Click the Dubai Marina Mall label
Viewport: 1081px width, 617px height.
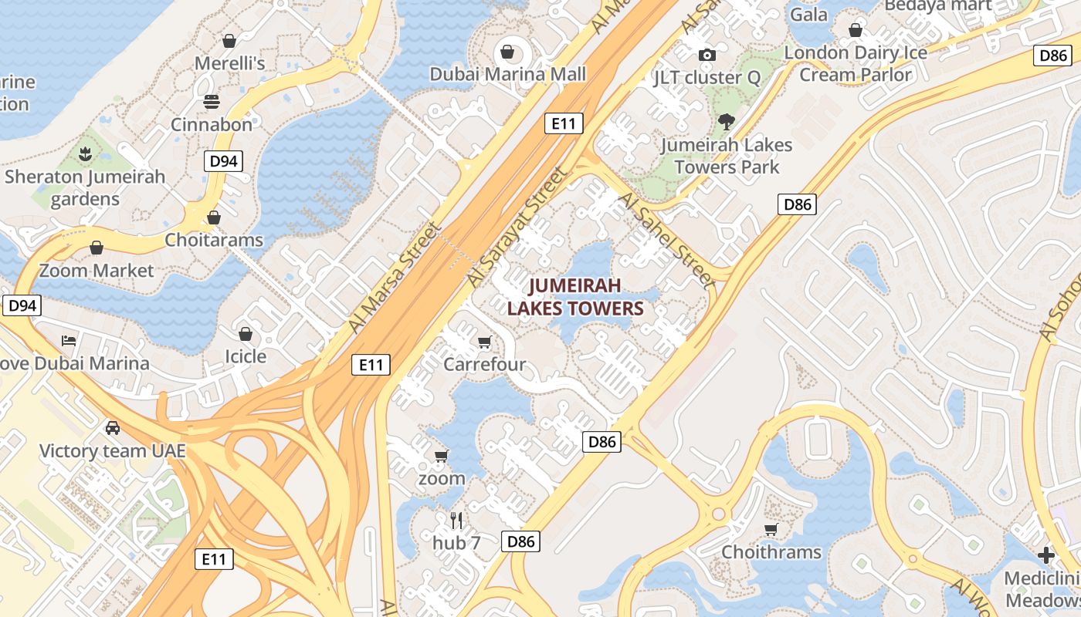click(507, 75)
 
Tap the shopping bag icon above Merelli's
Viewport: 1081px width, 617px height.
click(229, 41)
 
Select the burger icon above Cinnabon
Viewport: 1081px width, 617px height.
click(212, 102)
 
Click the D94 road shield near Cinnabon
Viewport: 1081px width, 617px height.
click(223, 161)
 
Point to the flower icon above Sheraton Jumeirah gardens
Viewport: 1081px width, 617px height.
click(85, 153)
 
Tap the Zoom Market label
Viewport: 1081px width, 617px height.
click(97, 271)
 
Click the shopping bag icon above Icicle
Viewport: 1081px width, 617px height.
click(245, 334)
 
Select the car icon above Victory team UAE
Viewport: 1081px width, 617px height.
click(113, 427)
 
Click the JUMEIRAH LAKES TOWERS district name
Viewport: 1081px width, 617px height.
click(575, 298)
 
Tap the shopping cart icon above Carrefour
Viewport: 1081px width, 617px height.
click(484, 342)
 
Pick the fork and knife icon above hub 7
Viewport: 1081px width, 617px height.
click(456, 521)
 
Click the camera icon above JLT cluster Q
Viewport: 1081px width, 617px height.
click(707, 55)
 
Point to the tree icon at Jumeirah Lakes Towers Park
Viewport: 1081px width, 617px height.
click(725, 121)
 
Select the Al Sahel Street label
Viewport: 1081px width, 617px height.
click(666, 239)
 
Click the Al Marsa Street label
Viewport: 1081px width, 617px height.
click(394, 278)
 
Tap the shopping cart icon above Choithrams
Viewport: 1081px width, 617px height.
click(771, 529)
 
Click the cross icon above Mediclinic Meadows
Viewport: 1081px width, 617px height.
click(1046, 555)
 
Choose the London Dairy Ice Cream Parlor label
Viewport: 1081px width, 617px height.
click(856, 63)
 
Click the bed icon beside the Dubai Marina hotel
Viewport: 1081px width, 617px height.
click(69, 340)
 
